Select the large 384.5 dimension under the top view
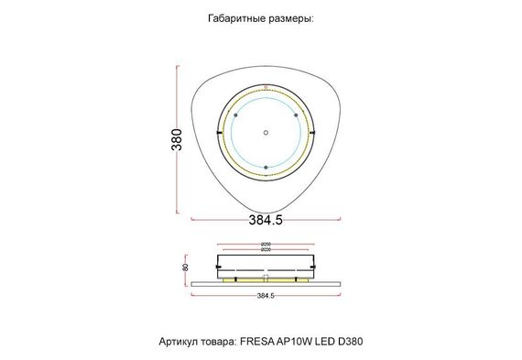coord(265,220)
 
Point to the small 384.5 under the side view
coord(265,296)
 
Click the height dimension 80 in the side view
coord(186,267)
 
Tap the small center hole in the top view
coord(266,131)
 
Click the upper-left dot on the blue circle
coord(235,115)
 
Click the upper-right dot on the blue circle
coord(296,115)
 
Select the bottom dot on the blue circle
coord(266,167)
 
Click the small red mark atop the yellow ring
coord(266,88)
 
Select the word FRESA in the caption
coord(257,341)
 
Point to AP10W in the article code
coord(296,341)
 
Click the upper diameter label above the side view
coord(265,243)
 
